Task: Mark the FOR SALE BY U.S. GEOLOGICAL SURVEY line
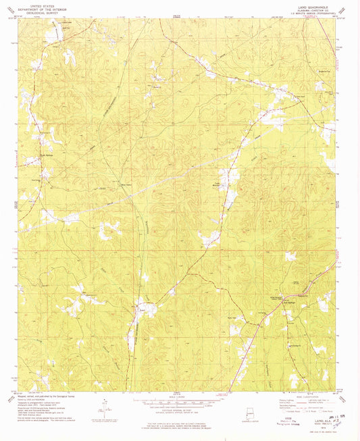pyautogui.click(x=178, y=423)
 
